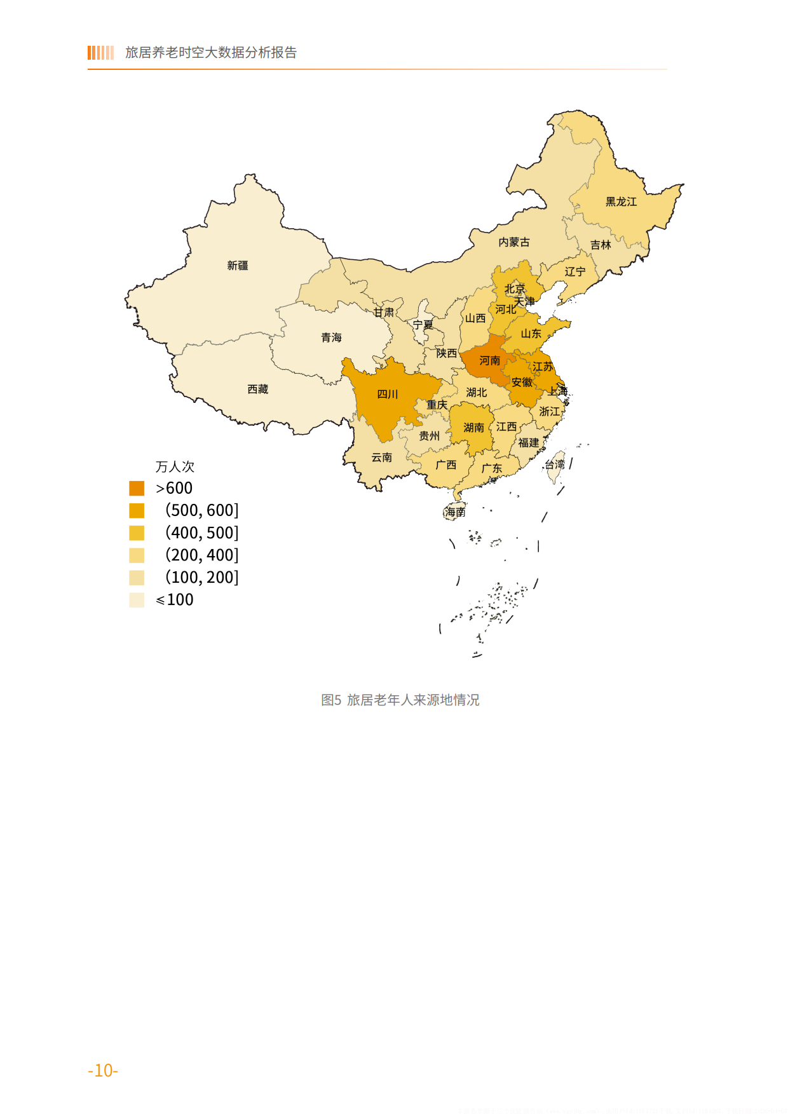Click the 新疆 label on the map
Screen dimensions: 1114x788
[238, 266]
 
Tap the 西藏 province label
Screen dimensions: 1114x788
[258, 389]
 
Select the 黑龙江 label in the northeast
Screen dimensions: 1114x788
[621, 201]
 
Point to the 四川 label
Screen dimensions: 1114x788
[388, 394]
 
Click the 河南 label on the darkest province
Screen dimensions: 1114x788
[489, 361]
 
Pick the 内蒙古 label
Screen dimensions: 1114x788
[513, 242]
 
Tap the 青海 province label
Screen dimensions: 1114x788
[331, 337]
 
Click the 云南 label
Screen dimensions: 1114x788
[381, 458]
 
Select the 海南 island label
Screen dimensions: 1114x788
[455, 512]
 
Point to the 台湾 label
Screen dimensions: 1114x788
[554, 465]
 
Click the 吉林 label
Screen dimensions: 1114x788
[600, 245]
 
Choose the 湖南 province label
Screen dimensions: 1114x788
[473, 428]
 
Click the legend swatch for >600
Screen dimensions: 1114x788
[137, 488]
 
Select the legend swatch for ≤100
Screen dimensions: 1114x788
[137, 600]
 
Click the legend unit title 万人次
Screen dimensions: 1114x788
[175, 466]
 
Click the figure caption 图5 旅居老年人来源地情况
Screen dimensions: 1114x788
[400, 700]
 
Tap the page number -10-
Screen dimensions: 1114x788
[103, 1070]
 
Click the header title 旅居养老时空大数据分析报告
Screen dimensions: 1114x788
[211, 53]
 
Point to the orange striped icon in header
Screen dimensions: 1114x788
[100, 53]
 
